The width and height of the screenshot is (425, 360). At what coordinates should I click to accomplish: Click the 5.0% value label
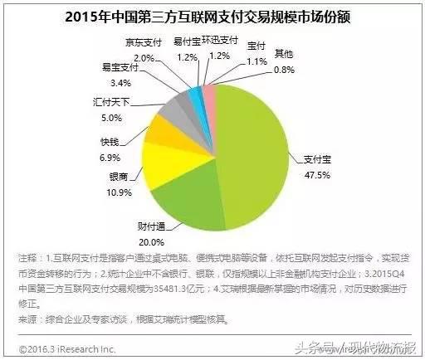coord(99,118)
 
